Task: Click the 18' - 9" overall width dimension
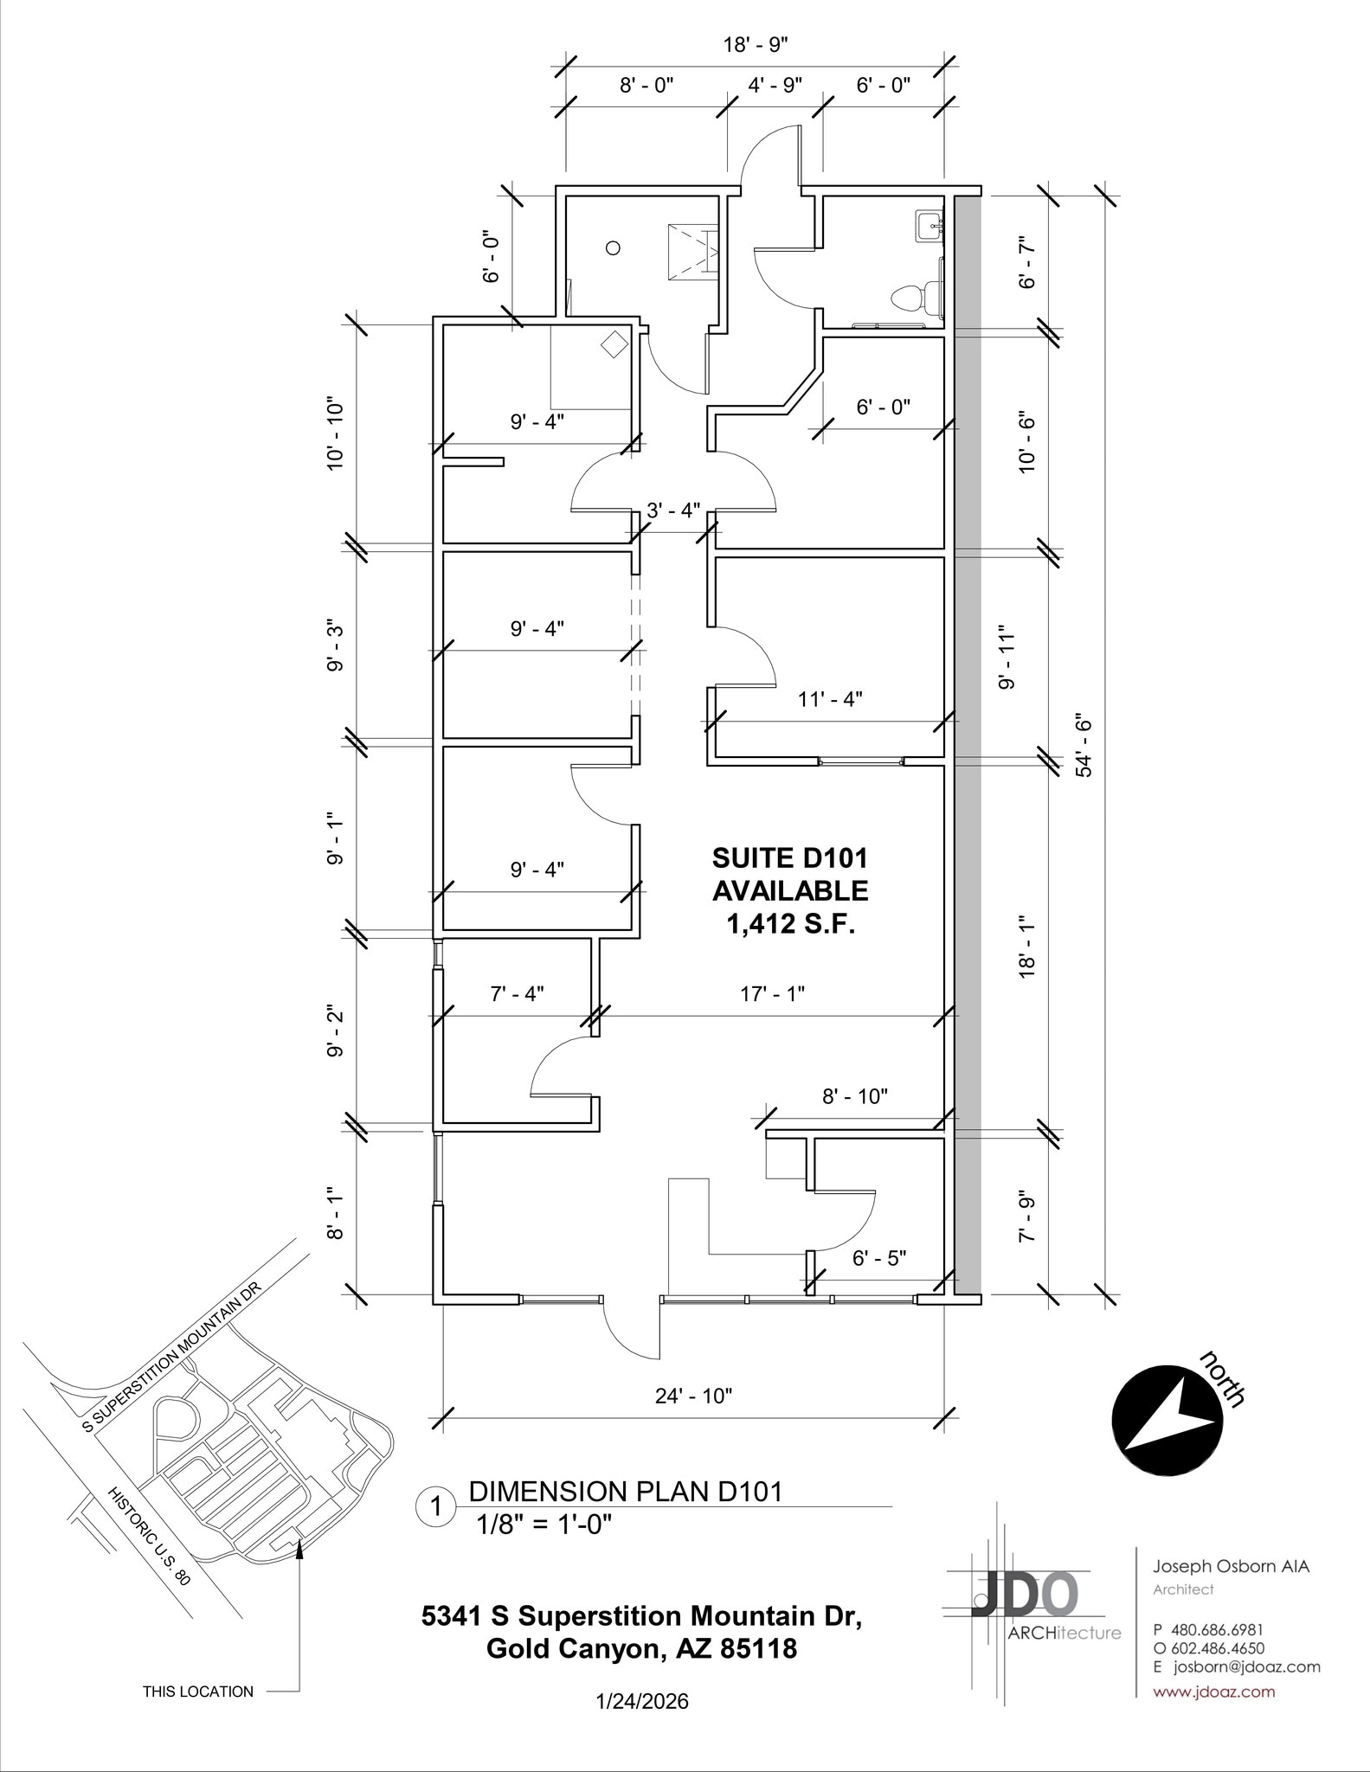point(756,45)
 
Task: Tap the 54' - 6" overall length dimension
point(1084,745)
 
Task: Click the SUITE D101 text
point(789,857)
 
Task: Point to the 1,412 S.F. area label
point(790,925)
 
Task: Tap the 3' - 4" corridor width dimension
point(673,510)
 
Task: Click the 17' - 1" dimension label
point(773,994)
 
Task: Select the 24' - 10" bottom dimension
point(693,1396)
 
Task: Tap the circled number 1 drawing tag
point(436,1506)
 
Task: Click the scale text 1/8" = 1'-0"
point(543,1524)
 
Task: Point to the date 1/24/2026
point(642,1702)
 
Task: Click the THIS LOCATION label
point(198,1692)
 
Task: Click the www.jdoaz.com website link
point(1213,1692)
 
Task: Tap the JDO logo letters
point(1025,1593)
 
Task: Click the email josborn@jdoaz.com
point(1245,1666)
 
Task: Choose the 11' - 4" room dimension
point(829,699)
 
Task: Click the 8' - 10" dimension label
point(855,1096)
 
